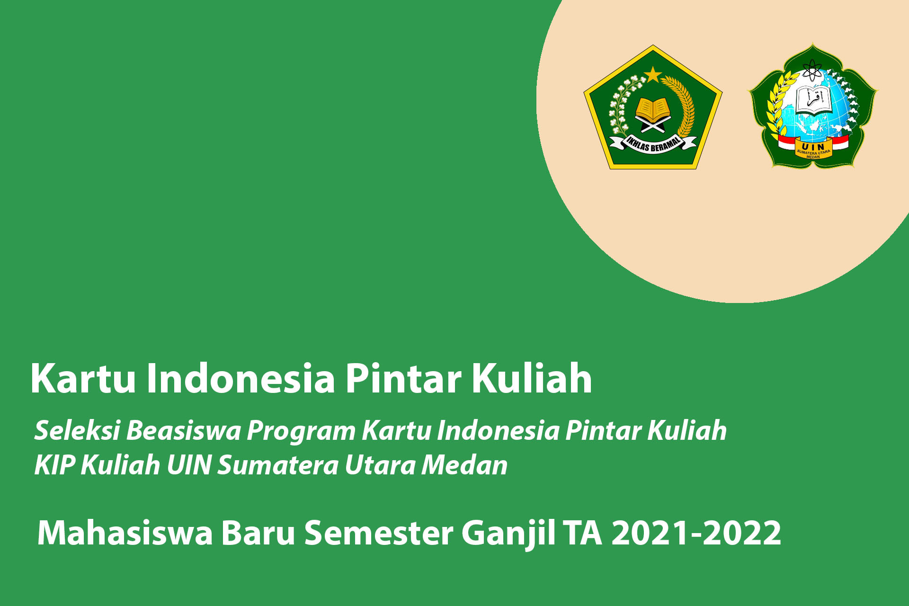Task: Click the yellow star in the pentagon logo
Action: tap(653, 74)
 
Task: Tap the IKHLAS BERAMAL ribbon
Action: tap(653, 143)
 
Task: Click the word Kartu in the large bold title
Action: tap(83, 378)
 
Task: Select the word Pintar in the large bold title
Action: tap(403, 378)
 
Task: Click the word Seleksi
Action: tap(77, 430)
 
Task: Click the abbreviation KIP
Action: tap(54, 465)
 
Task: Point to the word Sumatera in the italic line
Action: tap(278, 465)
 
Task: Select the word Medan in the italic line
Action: tap(464, 465)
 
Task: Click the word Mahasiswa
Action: tap(125, 533)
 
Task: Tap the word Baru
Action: tap(258, 533)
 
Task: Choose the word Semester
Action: tap(379, 533)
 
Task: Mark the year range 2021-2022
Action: tap(696, 533)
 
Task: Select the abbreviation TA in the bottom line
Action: tap(583, 533)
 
